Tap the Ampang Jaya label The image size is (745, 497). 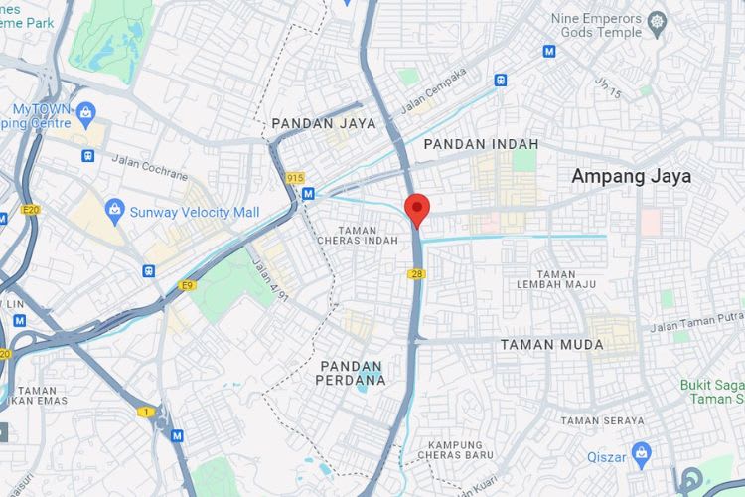pyautogui.click(x=631, y=177)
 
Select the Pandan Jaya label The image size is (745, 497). pyautogui.click(x=324, y=124)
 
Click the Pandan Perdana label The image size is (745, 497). pyautogui.click(x=351, y=372)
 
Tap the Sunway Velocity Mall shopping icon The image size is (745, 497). pyautogui.click(x=113, y=211)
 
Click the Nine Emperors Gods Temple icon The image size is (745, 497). pyautogui.click(x=656, y=21)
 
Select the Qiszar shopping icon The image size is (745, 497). pyautogui.click(x=641, y=453)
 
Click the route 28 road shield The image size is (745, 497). pyautogui.click(x=415, y=273)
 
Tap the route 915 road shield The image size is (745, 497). pyautogui.click(x=295, y=178)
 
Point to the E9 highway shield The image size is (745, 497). pyautogui.click(x=186, y=286)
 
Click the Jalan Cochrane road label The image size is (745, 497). pyautogui.click(x=149, y=167)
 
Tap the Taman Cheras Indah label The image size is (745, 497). pyautogui.click(x=357, y=235)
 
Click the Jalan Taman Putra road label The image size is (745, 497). pyautogui.click(x=695, y=322)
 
